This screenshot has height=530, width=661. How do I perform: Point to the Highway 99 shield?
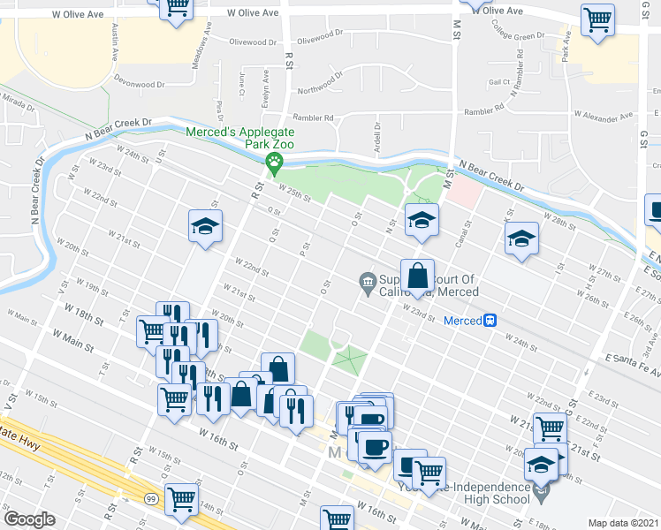(153, 498)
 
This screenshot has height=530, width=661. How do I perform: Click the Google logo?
(29, 519)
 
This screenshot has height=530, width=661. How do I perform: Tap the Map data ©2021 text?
(624, 523)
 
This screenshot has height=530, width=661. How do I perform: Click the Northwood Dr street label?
(319, 87)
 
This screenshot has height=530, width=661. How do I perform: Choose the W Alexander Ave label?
(604, 116)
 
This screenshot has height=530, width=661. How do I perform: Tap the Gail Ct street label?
(500, 81)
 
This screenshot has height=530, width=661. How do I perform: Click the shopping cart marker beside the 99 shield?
(181, 499)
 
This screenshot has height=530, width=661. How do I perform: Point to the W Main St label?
(72, 337)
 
